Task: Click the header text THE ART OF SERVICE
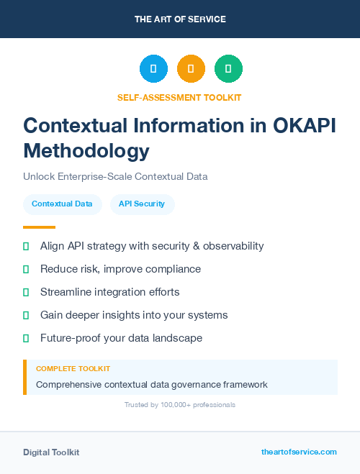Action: click(x=180, y=19)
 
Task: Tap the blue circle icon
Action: click(x=153, y=69)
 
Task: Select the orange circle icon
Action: click(x=191, y=69)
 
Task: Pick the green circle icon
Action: click(x=228, y=69)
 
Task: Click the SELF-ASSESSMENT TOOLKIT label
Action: click(x=179, y=97)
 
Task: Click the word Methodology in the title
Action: click(x=86, y=150)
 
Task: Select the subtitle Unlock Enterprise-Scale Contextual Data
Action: click(x=115, y=176)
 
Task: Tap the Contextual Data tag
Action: click(x=62, y=204)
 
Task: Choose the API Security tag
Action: click(x=142, y=204)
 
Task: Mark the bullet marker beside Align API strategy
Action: click(x=26, y=246)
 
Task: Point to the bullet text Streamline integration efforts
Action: click(x=109, y=292)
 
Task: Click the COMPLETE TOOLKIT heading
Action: click(x=73, y=368)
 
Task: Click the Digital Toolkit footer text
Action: click(x=51, y=452)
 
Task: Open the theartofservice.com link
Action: click(x=299, y=452)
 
